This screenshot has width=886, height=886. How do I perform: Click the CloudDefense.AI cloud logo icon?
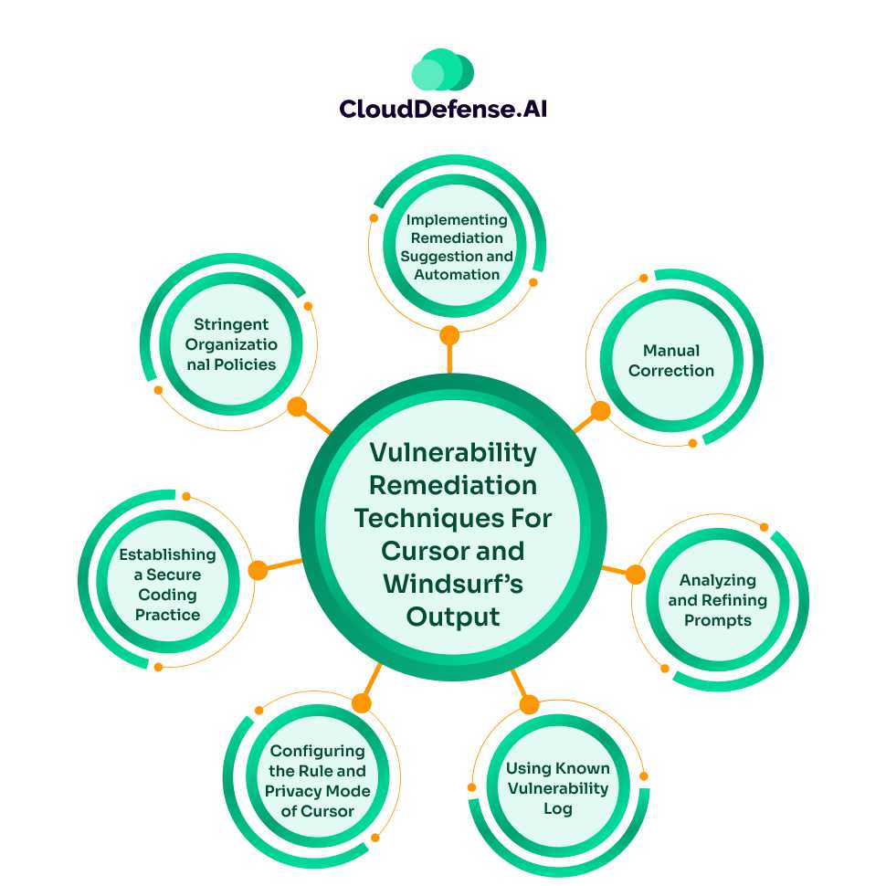coord(443,69)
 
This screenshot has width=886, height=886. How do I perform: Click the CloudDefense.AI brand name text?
coord(443,109)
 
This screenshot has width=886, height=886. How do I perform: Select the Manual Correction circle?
coord(671,361)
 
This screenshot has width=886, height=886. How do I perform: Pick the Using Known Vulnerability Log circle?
coord(557,788)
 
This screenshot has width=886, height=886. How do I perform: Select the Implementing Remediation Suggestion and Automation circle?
coord(457,247)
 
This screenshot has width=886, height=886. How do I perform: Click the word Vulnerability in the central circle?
coord(453,452)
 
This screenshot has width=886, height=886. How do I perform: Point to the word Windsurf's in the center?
coord(453,583)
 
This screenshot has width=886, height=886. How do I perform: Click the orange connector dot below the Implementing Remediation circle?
coord(449,335)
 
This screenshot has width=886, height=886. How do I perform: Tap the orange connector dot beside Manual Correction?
coord(600,411)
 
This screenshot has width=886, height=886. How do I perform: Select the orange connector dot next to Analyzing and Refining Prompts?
coord(635,575)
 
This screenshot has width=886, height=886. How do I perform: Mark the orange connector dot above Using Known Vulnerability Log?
coord(529,704)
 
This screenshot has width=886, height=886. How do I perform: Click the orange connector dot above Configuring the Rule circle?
coord(362,702)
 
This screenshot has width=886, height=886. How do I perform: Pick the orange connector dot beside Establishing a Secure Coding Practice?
coord(258,570)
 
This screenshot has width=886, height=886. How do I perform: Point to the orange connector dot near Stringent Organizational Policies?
coord(297,407)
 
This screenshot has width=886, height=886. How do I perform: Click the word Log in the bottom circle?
coord(557,809)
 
